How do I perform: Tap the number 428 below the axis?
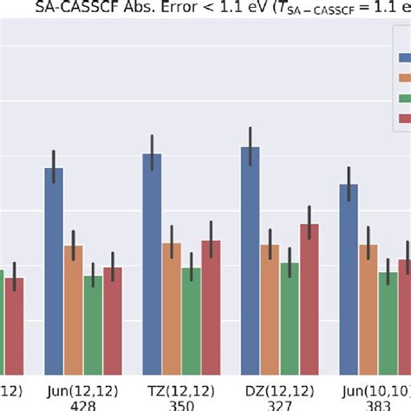pos(83,404)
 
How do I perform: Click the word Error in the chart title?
pos(178,10)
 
